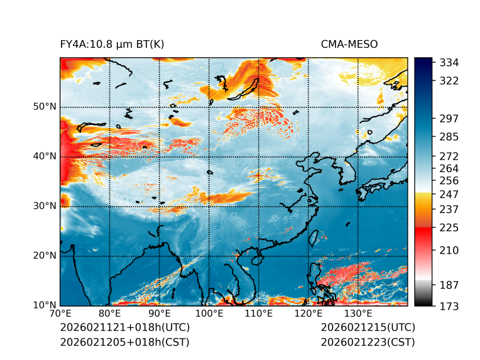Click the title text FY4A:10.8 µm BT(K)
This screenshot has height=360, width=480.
click(x=112, y=44)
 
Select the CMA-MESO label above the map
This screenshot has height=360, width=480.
click(x=349, y=44)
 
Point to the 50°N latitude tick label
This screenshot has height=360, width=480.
click(x=43, y=107)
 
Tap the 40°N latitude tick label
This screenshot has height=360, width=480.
click(x=43, y=156)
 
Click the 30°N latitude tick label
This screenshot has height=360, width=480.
click(x=43, y=206)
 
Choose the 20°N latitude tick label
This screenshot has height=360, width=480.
click(x=43, y=256)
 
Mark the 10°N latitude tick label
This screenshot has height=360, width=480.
click(x=43, y=305)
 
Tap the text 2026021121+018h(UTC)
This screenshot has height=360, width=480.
click(x=124, y=328)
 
